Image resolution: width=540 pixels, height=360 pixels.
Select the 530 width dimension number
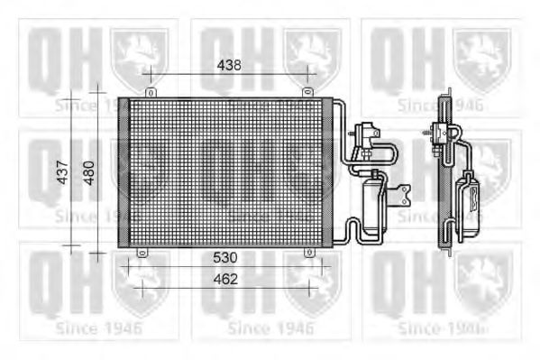pos(225,257)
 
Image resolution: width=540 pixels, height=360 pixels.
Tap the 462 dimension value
pos(225,279)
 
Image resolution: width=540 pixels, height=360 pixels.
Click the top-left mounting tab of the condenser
pos(149,91)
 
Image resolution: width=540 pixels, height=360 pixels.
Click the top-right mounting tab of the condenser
pos(307,91)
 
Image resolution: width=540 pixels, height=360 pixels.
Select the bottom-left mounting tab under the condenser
pos(141,253)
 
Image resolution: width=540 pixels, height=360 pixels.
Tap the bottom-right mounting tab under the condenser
pos(310,253)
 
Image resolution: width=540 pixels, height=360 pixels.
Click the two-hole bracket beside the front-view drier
pos(404,191)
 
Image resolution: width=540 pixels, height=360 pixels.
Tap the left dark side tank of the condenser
pos(124,171)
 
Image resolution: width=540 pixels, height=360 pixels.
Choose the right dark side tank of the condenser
pos(327,171)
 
